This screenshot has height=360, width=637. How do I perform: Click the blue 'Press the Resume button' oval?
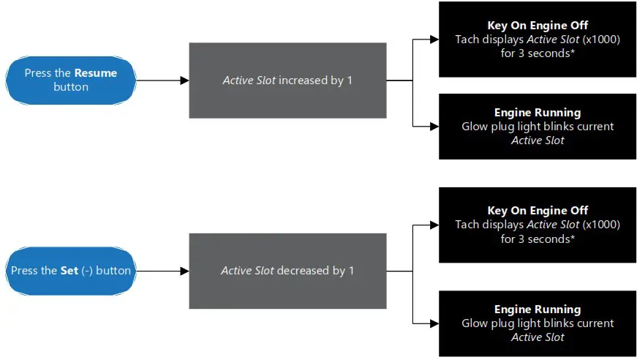(71, 80)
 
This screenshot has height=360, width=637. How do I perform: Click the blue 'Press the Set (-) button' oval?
(71, 271)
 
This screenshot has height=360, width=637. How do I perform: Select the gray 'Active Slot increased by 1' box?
(287, 80)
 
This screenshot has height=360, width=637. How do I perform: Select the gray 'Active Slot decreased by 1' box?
(287, 271)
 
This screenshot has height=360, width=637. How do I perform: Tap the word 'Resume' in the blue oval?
(95, 73)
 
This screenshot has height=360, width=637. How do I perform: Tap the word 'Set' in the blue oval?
(69, 271)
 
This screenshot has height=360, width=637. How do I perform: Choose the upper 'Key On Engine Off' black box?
(538, 40)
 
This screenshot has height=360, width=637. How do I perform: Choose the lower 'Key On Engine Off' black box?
(538, 225)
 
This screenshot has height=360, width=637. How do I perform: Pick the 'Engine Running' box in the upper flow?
(538, 127)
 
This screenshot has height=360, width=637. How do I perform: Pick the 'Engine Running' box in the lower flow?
(538, 323)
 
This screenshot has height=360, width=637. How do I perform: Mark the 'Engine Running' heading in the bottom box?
(538, 310)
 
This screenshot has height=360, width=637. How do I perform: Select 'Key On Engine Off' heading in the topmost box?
(538, 26)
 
